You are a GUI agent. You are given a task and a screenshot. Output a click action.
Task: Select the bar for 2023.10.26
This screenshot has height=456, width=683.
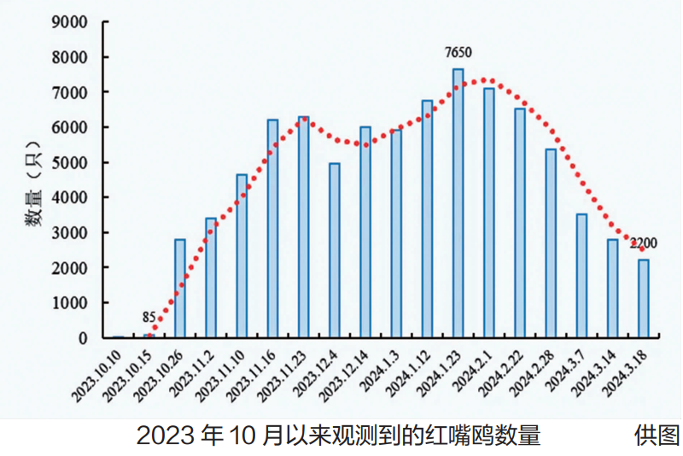pyautogui.click(x=180, y=289)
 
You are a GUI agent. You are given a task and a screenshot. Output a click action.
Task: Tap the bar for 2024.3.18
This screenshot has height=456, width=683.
pyautogui.click(x=644, y=299)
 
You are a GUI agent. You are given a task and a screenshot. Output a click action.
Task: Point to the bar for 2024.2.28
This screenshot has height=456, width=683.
pyautogui.click(x=551, y=243)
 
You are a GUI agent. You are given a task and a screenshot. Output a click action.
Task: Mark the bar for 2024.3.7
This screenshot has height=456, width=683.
pyautogui.click(x=581, y=276)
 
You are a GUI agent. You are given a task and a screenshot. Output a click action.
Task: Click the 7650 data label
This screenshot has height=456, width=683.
pyautogui.click(x=458, y=53)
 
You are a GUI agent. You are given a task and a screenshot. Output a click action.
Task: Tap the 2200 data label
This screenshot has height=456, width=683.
pyautogui.click(x=643, y=243)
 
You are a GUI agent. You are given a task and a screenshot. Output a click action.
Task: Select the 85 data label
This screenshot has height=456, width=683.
pyautogui.click(x=149, y=318)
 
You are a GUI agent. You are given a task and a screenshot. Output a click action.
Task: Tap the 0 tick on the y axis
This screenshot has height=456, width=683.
pyautogui.click(x=83, y=338)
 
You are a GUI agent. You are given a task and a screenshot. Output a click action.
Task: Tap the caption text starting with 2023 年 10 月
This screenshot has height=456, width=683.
pyautogui.click(x=338, y=436)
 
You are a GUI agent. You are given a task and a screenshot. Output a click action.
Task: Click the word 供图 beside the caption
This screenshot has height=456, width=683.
pyautogui.click(x=656, y=436)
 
